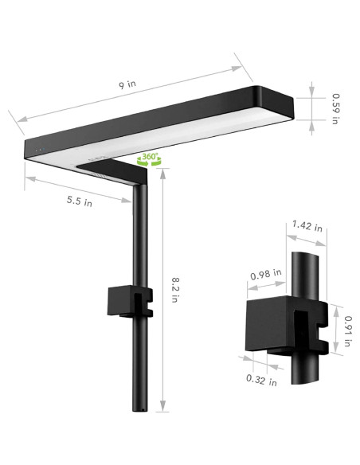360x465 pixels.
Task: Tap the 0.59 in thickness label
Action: pyautogui.click(x=337, y=107)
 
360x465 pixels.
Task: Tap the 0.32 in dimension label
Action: pyautogui.click(x=261, y=380)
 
